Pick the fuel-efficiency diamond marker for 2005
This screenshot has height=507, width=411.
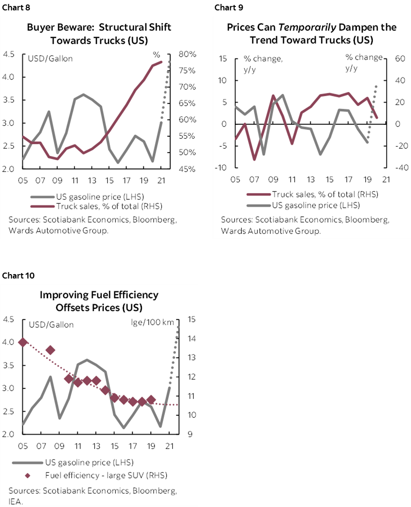(22, 342)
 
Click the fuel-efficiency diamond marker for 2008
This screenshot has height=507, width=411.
(50, 350)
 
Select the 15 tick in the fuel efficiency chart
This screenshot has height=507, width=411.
(192, 320)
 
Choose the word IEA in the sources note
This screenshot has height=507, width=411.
(14, 501)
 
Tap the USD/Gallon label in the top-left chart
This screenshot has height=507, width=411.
(50, 58)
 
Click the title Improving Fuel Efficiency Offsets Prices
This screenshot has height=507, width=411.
(99, 301)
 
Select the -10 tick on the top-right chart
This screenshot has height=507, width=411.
(221, 168)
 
